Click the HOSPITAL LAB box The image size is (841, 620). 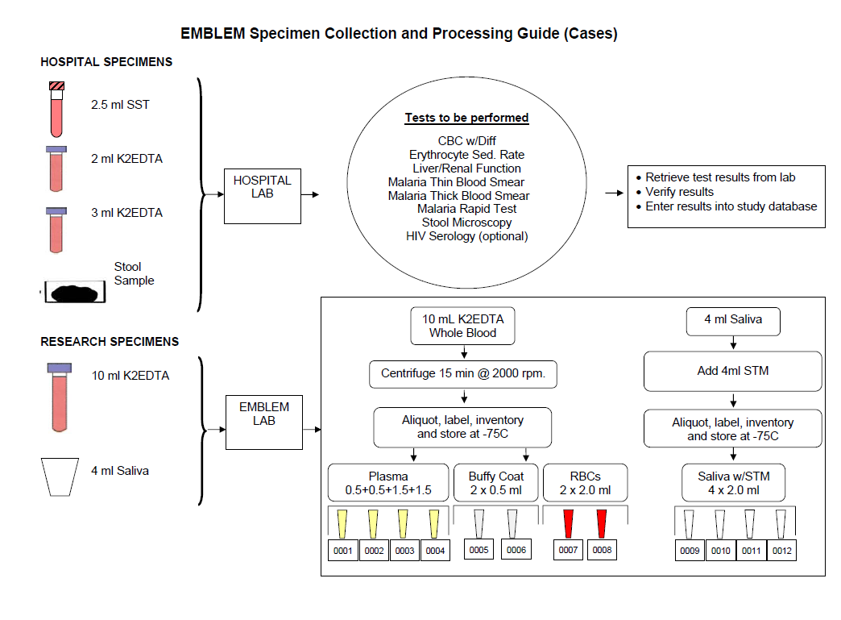coord(263,194)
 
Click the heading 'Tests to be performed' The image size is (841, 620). coord(466,118)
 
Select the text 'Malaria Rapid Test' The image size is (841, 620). coord(466,209)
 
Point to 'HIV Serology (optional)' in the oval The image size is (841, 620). coord(466,236)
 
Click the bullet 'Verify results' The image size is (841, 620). coord(679,192)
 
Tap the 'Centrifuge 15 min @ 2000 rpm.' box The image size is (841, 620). coord(463,374)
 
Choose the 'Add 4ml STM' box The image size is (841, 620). coord(732,372)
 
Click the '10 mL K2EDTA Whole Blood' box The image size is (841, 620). coord(463,326)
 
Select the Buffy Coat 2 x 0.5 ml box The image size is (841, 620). coord(496,483)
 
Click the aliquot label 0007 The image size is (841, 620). coord(569,551)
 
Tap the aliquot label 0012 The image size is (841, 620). coord(781,551)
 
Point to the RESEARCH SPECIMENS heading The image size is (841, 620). coord(110,342)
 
